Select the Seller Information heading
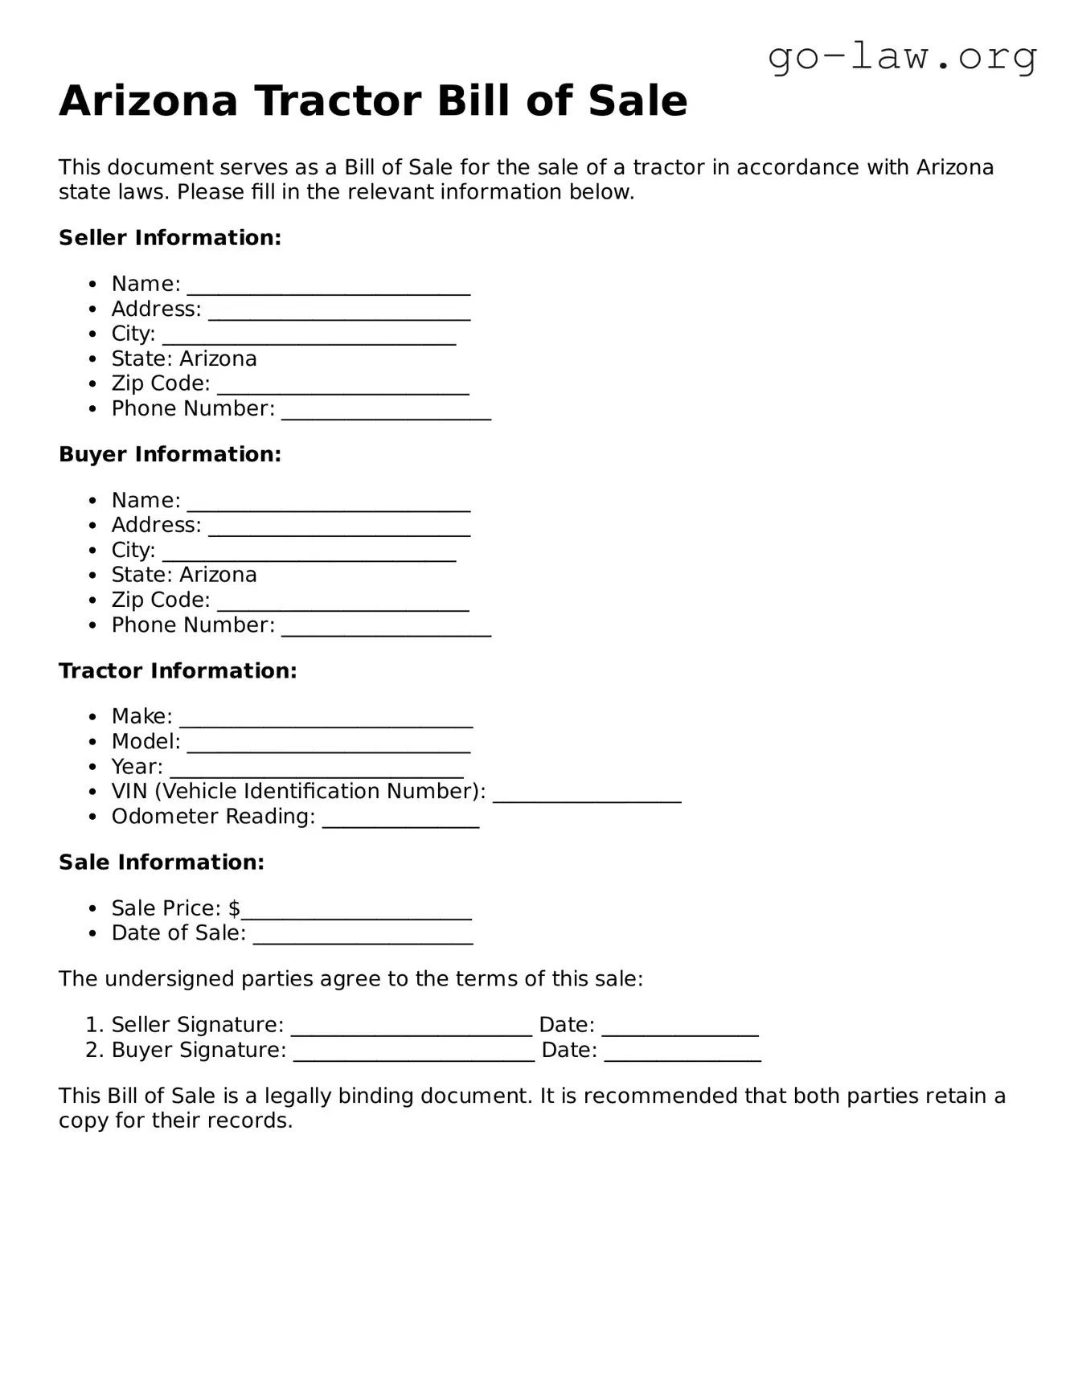click(x=170, y=238)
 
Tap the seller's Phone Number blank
click(x=386, y=412)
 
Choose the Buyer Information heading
click(x=170, y=454)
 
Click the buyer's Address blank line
click(x=338, y=529)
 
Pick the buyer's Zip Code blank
click(x=342, y=604)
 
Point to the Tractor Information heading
click(x=178, y=671)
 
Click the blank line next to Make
click(x=326, y=720)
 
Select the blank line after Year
click(x=316, y=770)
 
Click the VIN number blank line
click(x=587, y=795)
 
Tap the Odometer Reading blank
click(x=400, y=820)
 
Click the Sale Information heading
click(x=162, y=863)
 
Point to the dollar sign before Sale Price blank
click(x=234, y=908)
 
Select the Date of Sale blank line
click(x=363, y=936)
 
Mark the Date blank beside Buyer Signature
click(x=682, y=1054)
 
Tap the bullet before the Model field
click(x=94, y=742)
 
